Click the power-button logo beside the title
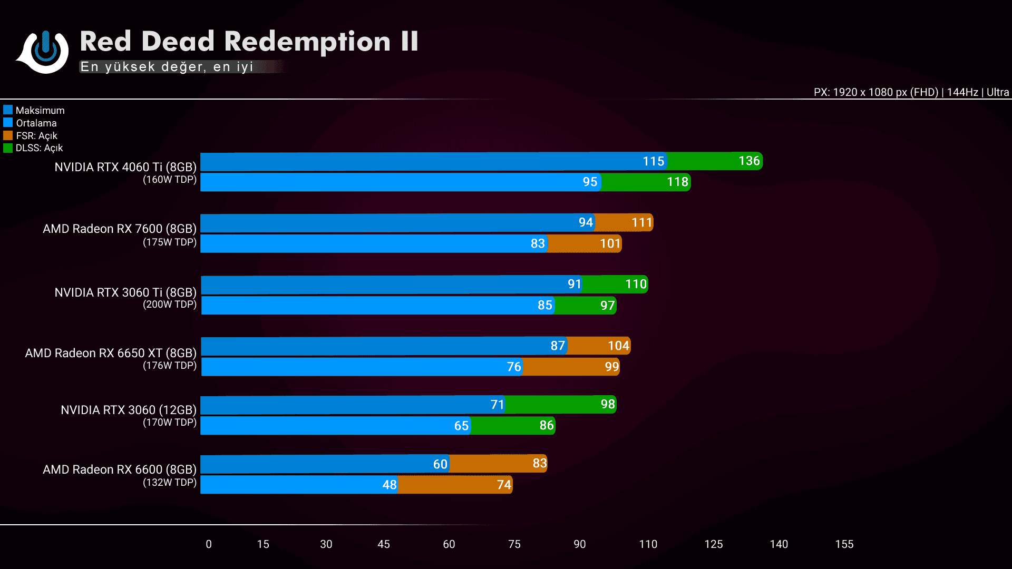[x=45, y=51]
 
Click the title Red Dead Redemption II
[x=249, y=42]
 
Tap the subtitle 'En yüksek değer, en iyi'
[x=167, y=67]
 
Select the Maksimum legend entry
[x=40, y=111]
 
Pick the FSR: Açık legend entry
[x=36, y=136]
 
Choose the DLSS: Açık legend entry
[x=38, y=148]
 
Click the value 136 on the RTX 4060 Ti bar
[x=749, y=161]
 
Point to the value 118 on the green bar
[x=677, y=182]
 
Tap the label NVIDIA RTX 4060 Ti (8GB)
[x=125, y=167]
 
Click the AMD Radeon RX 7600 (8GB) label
[x=120, y=229]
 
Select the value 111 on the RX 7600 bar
[x=642, y=223]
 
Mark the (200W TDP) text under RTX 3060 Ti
[x=170, y=305]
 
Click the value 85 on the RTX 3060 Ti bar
[x=545, y=306]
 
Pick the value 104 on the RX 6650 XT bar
[x=618, y=346]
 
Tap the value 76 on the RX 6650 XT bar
[x=514, y=367]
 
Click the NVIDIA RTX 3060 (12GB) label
[x=129, y=410]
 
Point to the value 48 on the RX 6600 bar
[x=390, y=485]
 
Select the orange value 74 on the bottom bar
[x=504, y=485]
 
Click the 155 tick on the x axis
[x=844, y=544]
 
